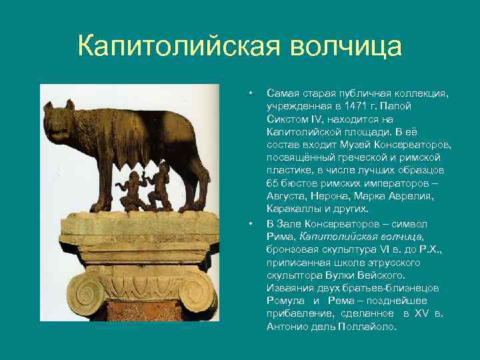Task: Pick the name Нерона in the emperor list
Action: pyautogui.click(x=325, y=196)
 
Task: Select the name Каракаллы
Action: pyautogui.click(x=295, y=209)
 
